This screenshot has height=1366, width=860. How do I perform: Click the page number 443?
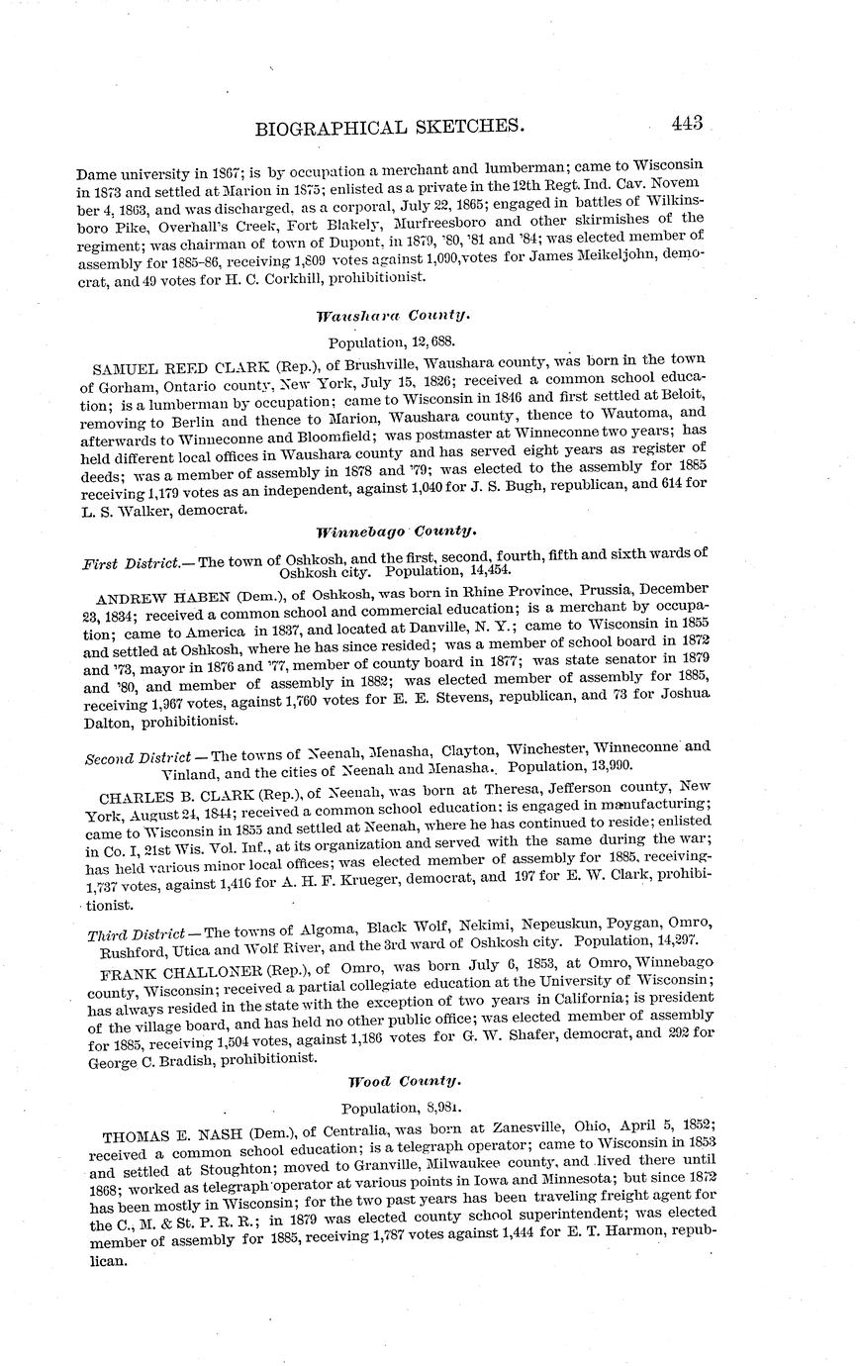click(x=686, y=124)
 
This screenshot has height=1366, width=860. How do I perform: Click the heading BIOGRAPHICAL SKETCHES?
click(x=389, y=127)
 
